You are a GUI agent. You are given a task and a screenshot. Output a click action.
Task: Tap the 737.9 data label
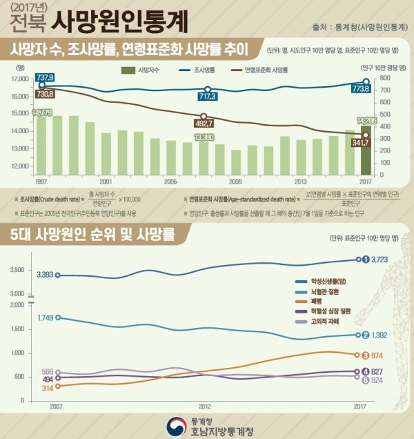(26, 76)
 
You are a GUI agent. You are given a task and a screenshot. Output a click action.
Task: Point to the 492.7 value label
(204, 124)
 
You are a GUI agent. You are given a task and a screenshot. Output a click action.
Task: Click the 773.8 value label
(361, 89)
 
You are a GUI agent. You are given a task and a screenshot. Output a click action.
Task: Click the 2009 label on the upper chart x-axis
(235, 181)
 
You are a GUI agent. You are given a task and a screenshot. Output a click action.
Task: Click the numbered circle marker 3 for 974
(365, 355)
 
